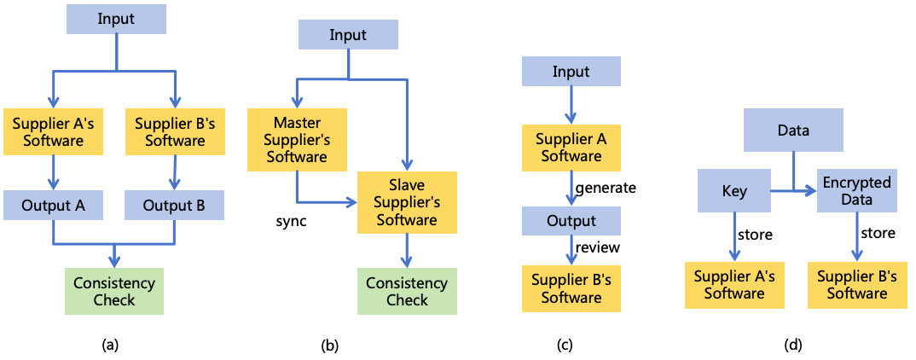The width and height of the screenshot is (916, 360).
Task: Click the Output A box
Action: click(x=53, y=206)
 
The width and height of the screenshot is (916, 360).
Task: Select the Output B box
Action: click(x=174, y=206)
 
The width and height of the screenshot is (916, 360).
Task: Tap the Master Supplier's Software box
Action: click(x=296, y=140)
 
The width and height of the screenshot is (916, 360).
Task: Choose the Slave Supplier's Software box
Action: click(x=408, y=203)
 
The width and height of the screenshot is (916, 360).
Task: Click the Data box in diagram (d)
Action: click(x=793, y=131)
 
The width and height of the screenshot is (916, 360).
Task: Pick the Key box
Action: click(x=734, y=191)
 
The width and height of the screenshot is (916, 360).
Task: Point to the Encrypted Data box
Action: click(x=856, y=191)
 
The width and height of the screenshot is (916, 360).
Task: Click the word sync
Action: click(x=290, y=221)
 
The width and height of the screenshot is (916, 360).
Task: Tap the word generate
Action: click(x=606, y=187)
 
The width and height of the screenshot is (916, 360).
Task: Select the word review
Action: click(x=597, y=247)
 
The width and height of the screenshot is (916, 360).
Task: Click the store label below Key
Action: click(x=755, y=233)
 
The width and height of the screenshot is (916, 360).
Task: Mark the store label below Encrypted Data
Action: click(x=878, y=233)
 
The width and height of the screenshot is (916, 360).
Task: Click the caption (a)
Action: click(x=110, y=345)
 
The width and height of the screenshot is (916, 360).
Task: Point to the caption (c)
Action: click(x=565, y=345)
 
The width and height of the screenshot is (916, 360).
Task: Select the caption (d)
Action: click(x=793, y=345)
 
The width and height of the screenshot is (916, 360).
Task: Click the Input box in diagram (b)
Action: click(x=347, y=36)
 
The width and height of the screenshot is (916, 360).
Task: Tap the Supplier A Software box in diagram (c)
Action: click(x=571, y=148)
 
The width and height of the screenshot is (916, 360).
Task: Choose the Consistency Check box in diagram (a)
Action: click(x=114, y=291)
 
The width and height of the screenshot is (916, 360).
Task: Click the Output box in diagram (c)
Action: click(x=571, y=220)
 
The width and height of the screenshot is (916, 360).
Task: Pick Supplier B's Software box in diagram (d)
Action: click(x=856, y=285)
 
